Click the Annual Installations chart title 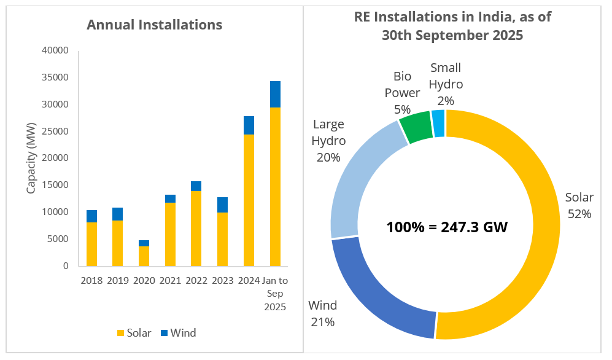[x=154, y=25]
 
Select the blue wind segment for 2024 [x=249, y=125]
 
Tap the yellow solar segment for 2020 [x=144, y=256]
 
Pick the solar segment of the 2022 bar [x=196, y=229]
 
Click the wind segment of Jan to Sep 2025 [x=276, y=95]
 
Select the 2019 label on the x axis [x=117, y=281]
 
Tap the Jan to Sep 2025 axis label [x=275, y=294]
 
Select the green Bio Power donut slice [x=416, y=127]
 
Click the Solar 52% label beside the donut [x=579, y=206]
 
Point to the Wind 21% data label [x=322, y=313]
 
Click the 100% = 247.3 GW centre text [x=447, y=227]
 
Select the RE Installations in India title [x=452, y=26]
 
